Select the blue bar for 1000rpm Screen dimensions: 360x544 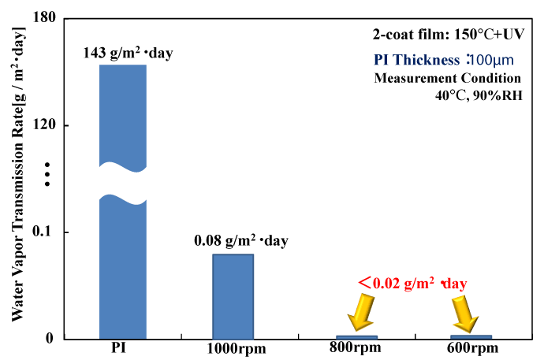coord(233,296)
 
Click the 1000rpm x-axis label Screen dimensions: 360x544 coord(237,350)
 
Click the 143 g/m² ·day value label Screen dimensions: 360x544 coord(127,54)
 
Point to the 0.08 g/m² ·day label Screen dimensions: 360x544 coord(240,240)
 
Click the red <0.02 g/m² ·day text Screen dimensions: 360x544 coord(412,283)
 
